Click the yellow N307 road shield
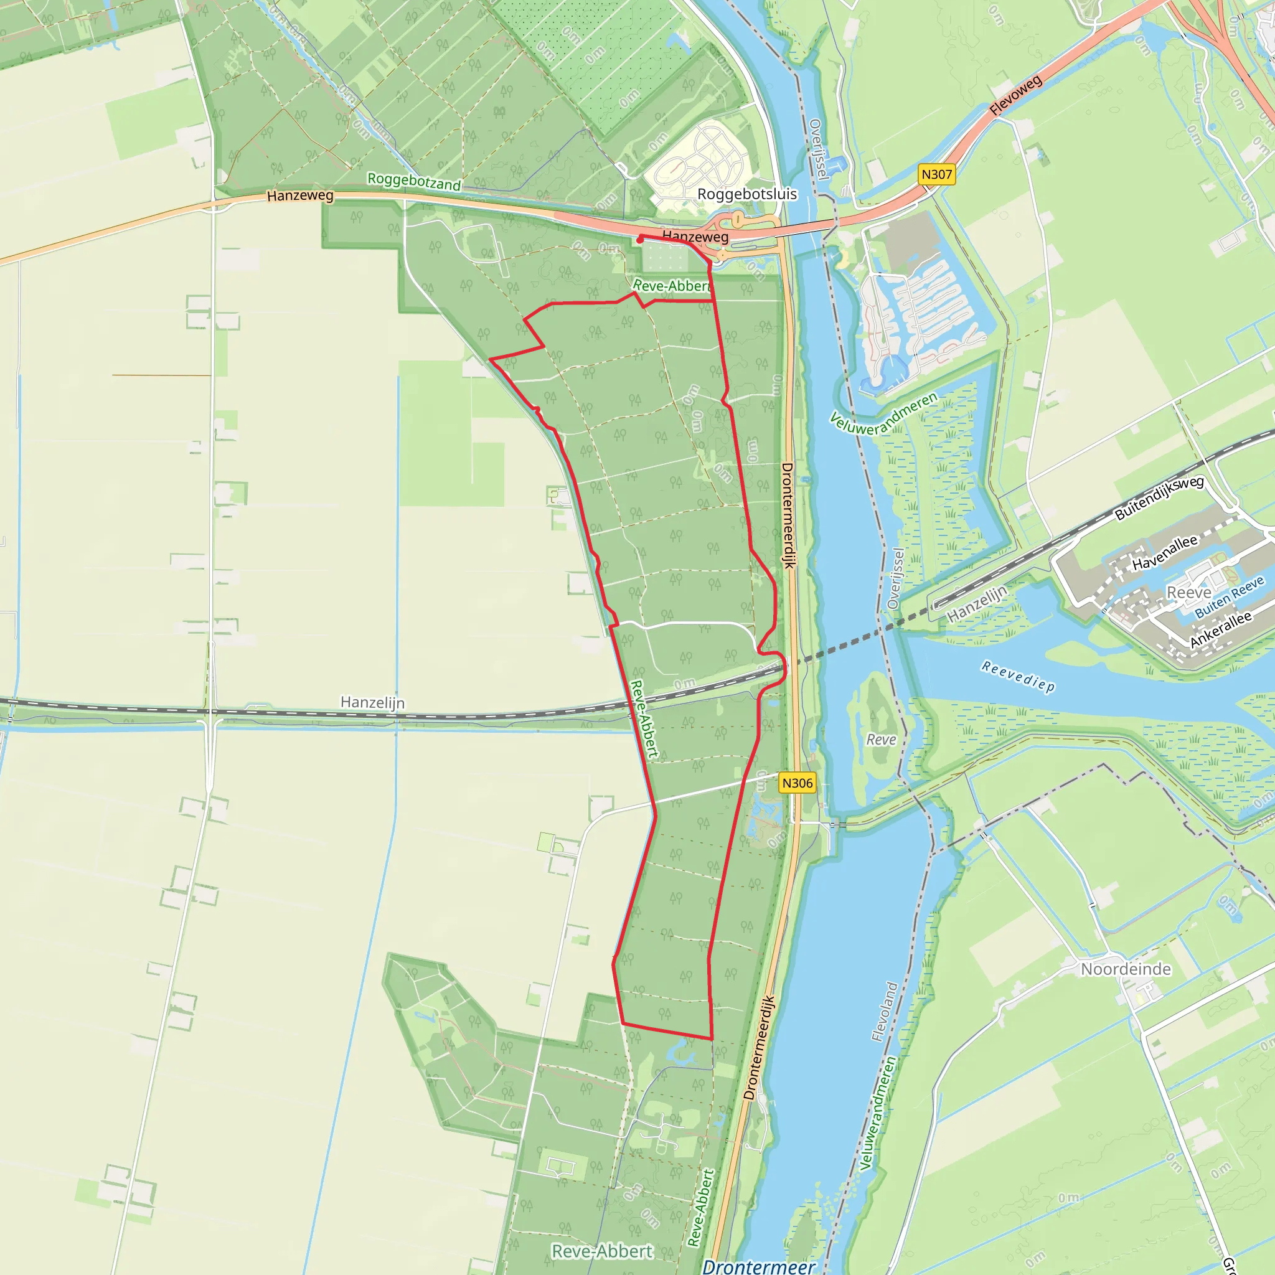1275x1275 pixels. pos(936,175)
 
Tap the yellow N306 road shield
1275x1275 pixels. pos(797,783)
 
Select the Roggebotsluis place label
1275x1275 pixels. pos(747,194)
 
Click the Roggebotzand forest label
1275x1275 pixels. pos(414,182)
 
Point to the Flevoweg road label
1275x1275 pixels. pos(1015,95)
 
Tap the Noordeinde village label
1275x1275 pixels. pos(1126,969)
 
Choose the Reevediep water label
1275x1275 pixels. pos(1019,677)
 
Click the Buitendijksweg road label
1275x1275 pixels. pos(1159,498)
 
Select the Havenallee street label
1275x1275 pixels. pos(1165,552)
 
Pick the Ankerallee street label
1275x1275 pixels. pos(1220,629)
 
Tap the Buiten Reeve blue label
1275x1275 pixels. pos(1230,596)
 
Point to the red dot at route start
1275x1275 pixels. pos(639,241)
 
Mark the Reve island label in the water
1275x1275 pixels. pos(881,740)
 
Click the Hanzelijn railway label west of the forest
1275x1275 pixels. pos(372,702)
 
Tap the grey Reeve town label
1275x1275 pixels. pos(1188,593)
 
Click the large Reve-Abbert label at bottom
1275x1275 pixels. pos(602,1251)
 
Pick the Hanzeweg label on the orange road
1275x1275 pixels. pos(300,196)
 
